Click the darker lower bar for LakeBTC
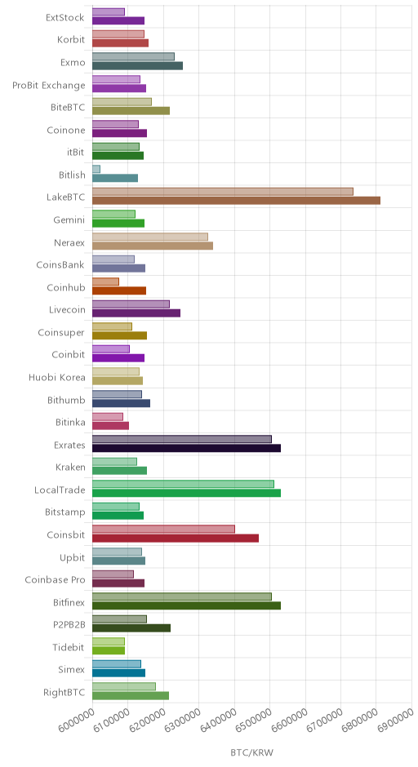(x=236, y=200)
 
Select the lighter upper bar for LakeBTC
(x=223, y=192)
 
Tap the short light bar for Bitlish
(x=96, y=169)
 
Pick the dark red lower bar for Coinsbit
(x=176, y=538)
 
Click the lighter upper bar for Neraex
(x=149, y=237)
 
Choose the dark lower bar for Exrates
(x=186, y=448)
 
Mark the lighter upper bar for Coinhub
(x=105, y=282)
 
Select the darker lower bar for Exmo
(x=137, y=65)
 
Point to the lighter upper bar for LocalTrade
(x=183, y=484)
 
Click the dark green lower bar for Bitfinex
(x=186, y=605)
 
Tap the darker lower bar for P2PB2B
(x=131, y=628)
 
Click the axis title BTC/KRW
(x=251, y=752)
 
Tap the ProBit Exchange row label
(x=48, y=85)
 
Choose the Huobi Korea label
(x=57, y=377)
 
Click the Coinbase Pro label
(x=55, y=579)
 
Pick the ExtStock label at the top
(x=65, y=18)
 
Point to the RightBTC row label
(x=64, y=692)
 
